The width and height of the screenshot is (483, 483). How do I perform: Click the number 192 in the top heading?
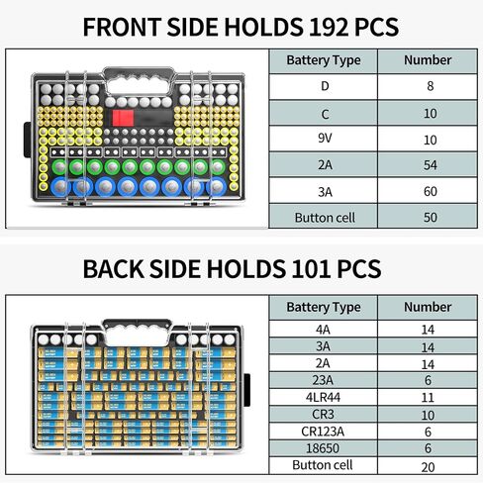coord(328,27)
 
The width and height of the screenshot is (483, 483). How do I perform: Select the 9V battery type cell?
coord(325,138)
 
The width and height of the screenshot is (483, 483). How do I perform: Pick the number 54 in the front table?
coord(430,165)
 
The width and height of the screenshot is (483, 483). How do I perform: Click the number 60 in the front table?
coord(430,191)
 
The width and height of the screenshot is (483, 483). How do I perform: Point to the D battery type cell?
coord(325,86)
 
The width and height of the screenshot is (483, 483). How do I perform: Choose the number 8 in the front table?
coord(430,86)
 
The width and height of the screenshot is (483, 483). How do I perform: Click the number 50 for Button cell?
coord(430,218)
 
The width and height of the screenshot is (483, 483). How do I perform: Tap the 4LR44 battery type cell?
coord(323,397)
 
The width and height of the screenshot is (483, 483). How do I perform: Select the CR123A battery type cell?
coord(323,432)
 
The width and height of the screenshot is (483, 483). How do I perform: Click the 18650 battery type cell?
coord(323,448)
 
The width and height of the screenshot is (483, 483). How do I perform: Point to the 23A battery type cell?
coord(323,380)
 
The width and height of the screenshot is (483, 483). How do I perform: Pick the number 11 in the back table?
coord(428,398)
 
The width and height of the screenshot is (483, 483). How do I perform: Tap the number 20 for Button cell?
coord(428,467)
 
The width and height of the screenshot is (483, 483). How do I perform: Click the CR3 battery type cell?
coord(323,414)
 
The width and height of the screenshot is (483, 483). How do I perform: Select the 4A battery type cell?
coord(323,330)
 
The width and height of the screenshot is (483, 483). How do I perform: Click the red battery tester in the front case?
coord(123,118)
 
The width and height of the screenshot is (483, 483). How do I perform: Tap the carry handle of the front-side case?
coord(139,72)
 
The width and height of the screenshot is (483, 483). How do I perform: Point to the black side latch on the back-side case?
coord(246,390)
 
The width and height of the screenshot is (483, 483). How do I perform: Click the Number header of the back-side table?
coord(428,307)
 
